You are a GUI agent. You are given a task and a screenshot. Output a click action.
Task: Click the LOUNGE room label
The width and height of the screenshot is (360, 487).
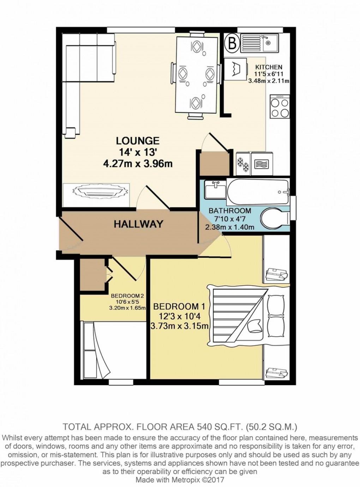(138, 141)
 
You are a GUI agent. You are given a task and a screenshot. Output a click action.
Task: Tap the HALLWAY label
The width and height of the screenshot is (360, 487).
(138, 224)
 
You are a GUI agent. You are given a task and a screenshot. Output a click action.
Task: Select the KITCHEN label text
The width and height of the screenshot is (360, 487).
(269, 67)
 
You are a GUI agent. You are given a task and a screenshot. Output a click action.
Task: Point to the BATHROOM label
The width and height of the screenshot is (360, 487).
(230, 211)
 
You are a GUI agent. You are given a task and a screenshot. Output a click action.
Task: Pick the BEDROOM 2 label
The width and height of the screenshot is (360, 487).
(127, 296)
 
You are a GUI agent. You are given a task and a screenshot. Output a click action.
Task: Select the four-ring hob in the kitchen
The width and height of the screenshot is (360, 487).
(280, 106)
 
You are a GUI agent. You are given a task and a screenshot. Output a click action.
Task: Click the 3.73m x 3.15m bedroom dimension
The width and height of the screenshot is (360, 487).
(179, 326)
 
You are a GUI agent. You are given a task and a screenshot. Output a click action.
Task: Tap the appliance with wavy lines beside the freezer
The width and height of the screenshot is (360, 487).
(262, 164)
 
